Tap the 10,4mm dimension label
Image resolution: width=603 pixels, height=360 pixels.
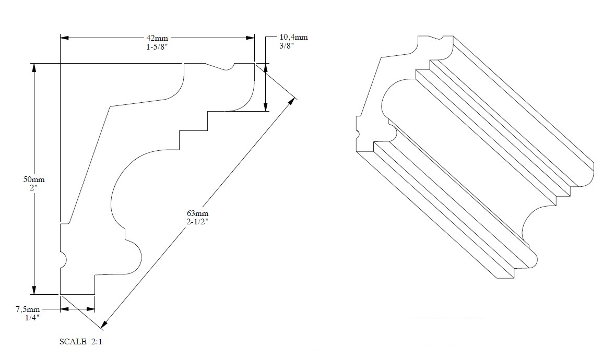[294, 37]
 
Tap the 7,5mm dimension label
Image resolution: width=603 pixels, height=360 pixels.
[28, 309]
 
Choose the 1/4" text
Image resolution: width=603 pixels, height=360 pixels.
[29, 317]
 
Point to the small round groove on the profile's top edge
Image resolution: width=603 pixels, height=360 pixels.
[228, 67]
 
